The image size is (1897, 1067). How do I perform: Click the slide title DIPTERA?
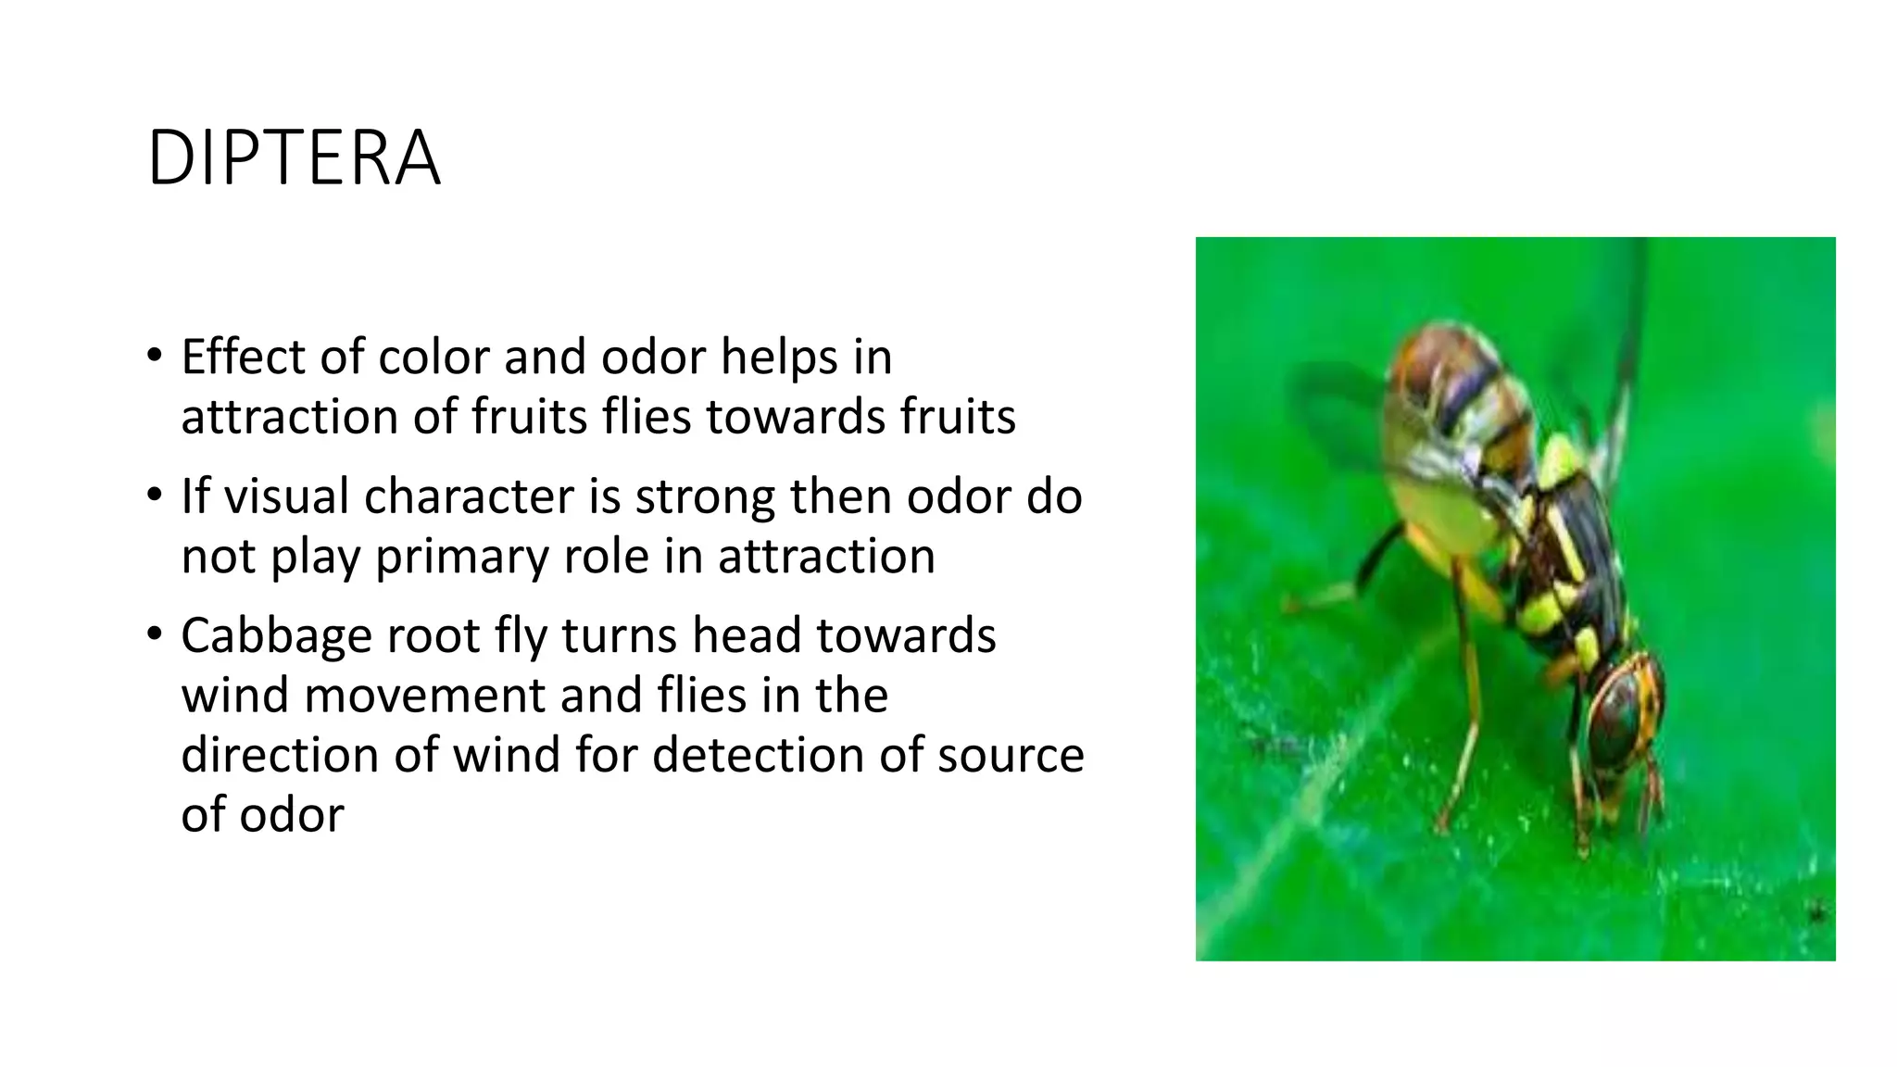tap(294, 158)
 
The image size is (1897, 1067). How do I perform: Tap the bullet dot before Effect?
tap(154, 356)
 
